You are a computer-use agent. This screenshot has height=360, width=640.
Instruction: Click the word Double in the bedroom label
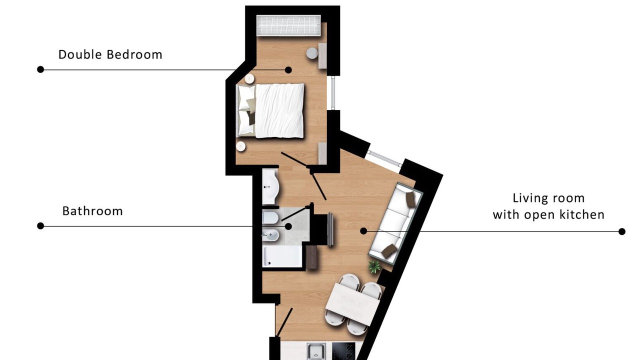[79, 54]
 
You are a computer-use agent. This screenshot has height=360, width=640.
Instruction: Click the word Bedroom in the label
[134, 54]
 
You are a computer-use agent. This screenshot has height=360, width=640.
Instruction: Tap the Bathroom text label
[92, 211]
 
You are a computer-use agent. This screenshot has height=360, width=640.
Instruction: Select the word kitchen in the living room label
[581, 214]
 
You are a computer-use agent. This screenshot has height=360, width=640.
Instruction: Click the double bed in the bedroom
[271, 110]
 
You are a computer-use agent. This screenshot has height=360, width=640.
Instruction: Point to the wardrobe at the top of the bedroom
[288, 25]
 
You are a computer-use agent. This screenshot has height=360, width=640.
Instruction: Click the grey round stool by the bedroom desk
[312, 53]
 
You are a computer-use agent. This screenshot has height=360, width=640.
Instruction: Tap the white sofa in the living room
[395, 223]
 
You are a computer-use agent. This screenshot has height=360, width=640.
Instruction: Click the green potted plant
[374, 267]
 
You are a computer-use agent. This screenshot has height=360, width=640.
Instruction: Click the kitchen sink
[316, 351]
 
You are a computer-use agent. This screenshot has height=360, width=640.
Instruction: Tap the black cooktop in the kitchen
[343, 351]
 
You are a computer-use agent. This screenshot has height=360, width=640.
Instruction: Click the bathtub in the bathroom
[282, 256]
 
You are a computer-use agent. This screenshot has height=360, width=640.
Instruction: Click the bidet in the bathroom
[270, 235]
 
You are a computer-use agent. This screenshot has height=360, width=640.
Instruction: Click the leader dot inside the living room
[363, 231]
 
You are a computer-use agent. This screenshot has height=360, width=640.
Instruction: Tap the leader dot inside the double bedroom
[288, 69]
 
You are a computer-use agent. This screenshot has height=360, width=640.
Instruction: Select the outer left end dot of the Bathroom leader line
[40, 226]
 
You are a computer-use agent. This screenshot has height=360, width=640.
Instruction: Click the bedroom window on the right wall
[333, 93]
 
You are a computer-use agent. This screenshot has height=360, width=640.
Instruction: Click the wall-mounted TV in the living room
[330, 229]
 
